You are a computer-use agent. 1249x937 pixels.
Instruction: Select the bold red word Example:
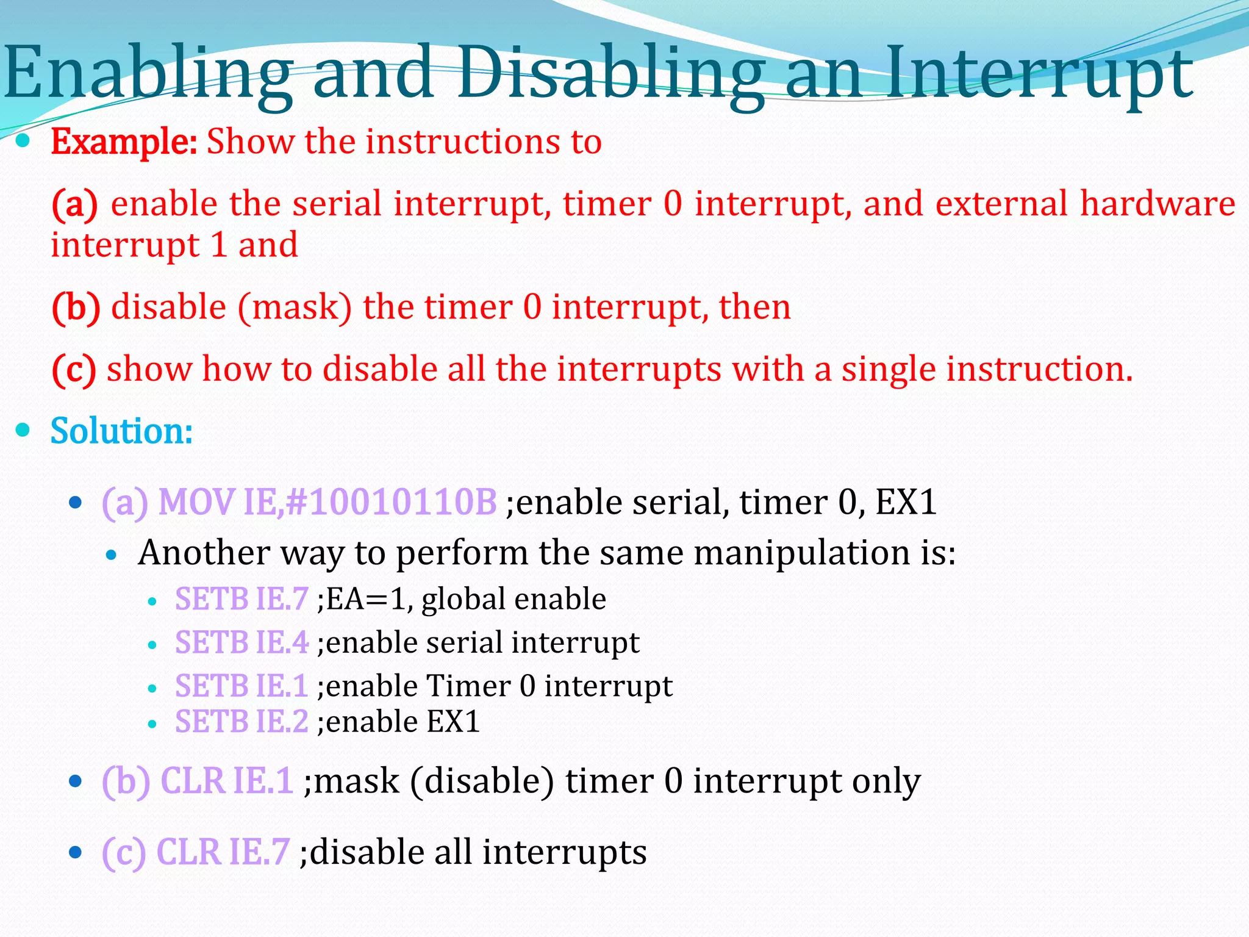point(124,142)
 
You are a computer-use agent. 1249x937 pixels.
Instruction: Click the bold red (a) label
point(74,204)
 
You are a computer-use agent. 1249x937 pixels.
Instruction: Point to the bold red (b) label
point(76,307)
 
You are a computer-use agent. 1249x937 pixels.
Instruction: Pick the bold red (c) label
point(74,370)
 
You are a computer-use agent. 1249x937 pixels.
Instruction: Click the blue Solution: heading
point(121,431)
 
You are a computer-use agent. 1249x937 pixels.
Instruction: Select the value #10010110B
point(391,503)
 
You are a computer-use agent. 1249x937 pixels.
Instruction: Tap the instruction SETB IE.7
point(242,599)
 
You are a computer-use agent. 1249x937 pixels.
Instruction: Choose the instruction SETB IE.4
point(242,643)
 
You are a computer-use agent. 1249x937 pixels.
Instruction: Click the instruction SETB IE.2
point(242,722)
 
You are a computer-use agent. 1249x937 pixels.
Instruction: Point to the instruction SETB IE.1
point(242,686)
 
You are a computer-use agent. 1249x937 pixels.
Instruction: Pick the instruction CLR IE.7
point(223,852)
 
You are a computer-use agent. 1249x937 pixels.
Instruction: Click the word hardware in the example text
point(1158,204)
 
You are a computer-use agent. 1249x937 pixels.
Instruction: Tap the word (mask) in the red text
point(295,307)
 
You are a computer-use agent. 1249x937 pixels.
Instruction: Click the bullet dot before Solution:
point(23,430)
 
